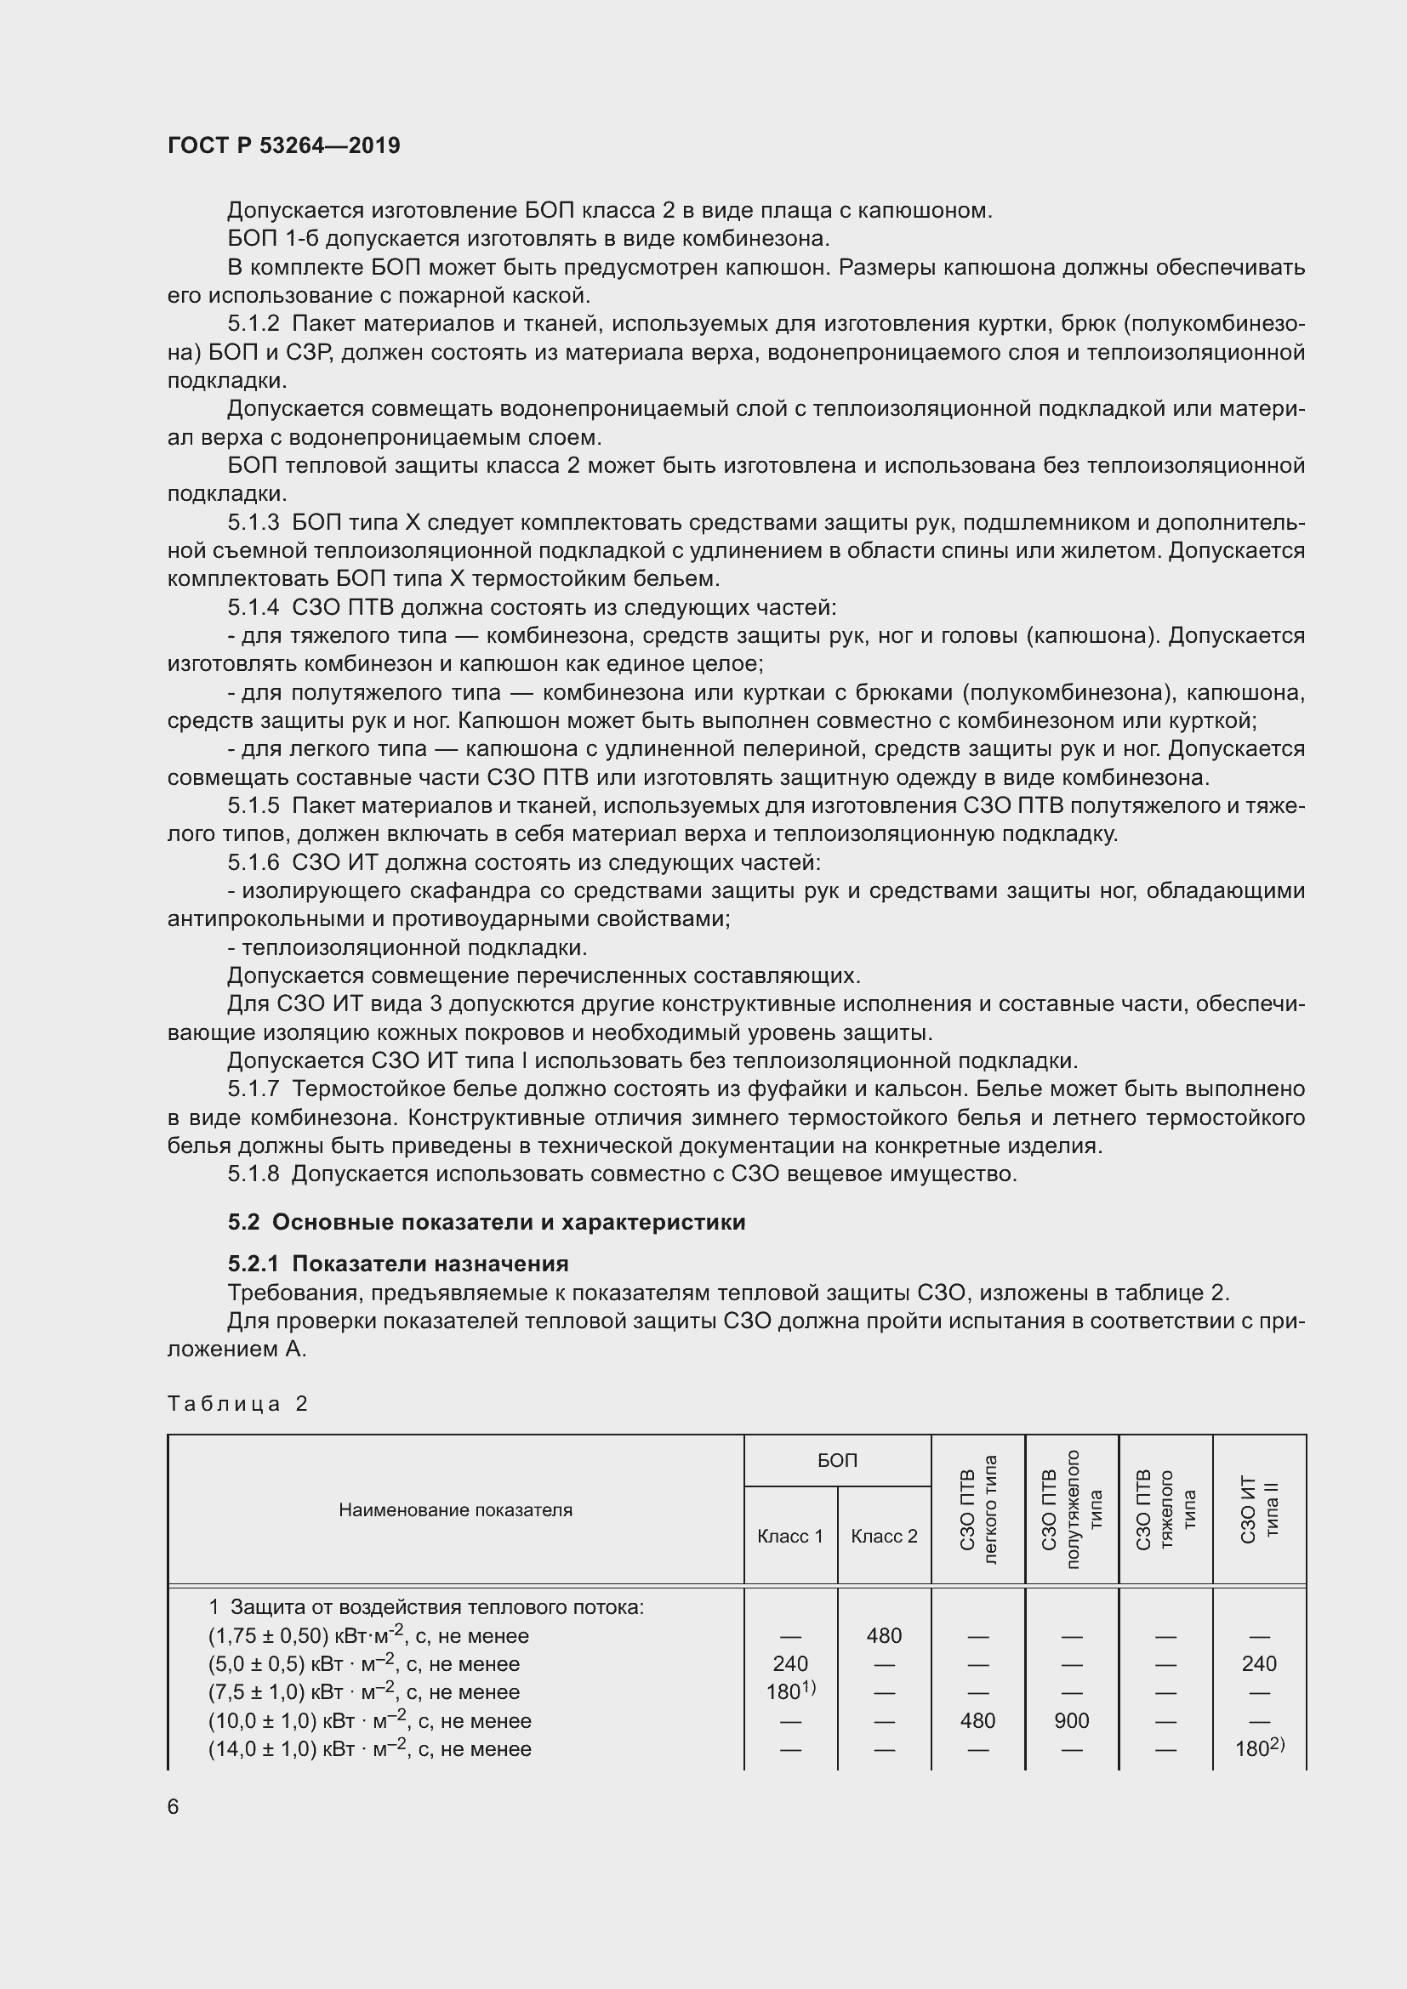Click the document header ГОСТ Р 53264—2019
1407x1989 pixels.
tap(283, 145)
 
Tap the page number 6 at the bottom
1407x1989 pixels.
tap(174, 1806)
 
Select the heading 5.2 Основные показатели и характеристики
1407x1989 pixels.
tap(486, 1222)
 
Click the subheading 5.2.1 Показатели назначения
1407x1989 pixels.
tap(397, 1263)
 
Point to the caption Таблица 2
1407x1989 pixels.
tap(237, 1403)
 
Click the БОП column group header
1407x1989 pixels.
tap(837, 1461)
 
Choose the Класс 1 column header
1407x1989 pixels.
tap(789, 1536)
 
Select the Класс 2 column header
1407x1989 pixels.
tap(884, 1536)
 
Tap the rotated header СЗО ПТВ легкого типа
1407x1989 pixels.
tap(978, 1509)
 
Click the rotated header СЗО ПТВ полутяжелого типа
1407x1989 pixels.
tap(1072, 1509)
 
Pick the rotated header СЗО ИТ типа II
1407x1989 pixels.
tap(1259, 1509)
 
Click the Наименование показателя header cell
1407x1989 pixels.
tap(455, 1510)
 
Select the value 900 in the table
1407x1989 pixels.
tap(1072, 1720)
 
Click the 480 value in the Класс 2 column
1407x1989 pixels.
tap(884, 1635)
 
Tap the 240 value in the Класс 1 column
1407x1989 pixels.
tap(790, 1663)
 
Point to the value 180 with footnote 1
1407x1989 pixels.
tap(791, 1691)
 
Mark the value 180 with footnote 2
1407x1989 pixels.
tap(1260, 1748)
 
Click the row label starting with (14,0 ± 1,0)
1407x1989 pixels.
tap(369, 1749)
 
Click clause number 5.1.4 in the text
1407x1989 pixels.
tap(253, 607)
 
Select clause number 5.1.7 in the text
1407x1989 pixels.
tap(253, 1089)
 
